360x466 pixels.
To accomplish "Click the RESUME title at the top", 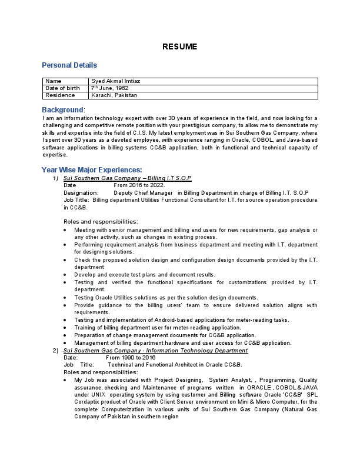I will [x=180, y=47].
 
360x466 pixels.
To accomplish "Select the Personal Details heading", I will [x=69, y=65].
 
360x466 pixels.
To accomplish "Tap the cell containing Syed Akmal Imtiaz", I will [x=116, y=81].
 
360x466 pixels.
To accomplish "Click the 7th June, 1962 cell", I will [x=109, y=88].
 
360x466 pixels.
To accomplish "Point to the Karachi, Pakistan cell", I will [x=114, y=95].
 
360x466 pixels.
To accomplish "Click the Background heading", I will [x=64, y=110].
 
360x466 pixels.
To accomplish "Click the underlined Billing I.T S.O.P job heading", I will [x=128, y=178].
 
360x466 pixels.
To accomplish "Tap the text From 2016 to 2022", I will [x=139, y=185].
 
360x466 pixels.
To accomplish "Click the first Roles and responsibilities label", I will [x=101, y=221].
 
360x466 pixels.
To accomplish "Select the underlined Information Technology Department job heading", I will [x=155, y=350].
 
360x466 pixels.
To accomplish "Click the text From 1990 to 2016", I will [x=131, y=357].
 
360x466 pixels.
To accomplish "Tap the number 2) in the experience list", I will [x=55, y=350].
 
